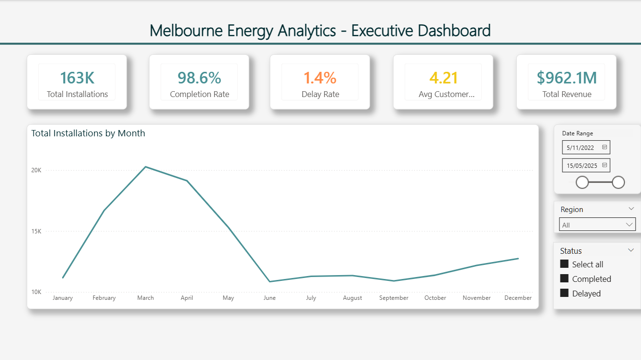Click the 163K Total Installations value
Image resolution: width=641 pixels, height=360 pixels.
tap(77, 78)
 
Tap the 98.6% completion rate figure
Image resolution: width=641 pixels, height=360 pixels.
tap(199, 78)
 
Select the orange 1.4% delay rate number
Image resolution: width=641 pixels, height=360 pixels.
tap(320, 78)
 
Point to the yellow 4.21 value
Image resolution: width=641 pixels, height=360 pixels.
tap(444, 78)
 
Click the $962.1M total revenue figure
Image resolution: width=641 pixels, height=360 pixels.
tap(567, 78)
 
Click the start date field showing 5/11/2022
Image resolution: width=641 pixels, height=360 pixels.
tap(581, 147)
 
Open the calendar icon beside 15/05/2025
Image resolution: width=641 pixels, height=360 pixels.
tap(605, 165)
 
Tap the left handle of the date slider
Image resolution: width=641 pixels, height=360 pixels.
tap(582, 182)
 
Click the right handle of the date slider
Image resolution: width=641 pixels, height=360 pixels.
tap(618, 182)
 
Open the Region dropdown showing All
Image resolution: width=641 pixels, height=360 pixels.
tap(597, 225)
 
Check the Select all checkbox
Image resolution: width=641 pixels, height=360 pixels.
tap(564, 264)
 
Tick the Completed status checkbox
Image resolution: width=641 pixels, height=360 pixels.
tap(564, 278)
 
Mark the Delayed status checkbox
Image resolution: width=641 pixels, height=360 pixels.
tap(564, 293)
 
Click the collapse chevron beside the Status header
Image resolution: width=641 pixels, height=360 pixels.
tap(631, 250)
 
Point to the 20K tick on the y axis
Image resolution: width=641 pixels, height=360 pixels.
tap(37, 170)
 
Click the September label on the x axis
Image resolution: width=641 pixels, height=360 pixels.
tap(394, 298)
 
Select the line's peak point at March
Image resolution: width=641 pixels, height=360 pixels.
tap(146, 167)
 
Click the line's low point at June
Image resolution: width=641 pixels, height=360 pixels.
tap(270, 281)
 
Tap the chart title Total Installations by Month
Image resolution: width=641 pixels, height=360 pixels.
tap(88, 133)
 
